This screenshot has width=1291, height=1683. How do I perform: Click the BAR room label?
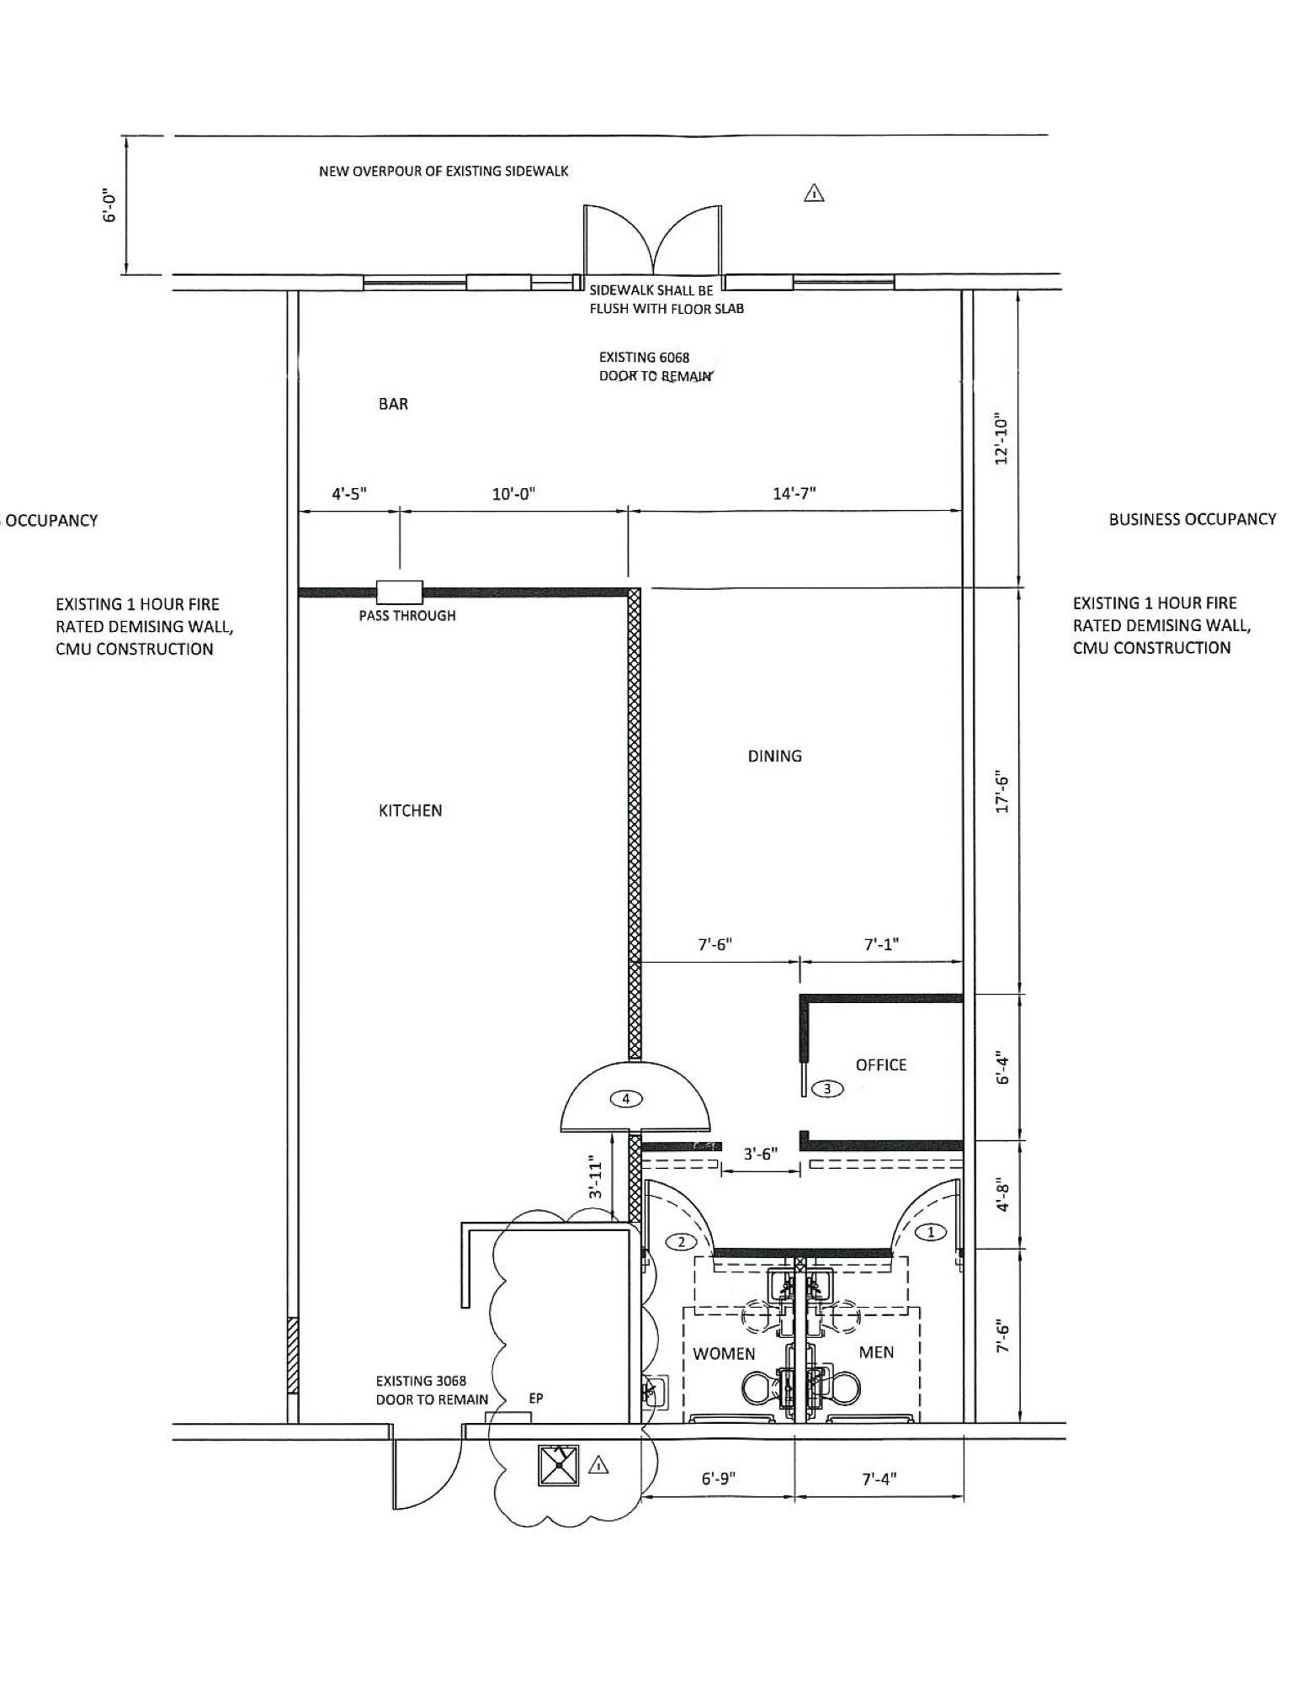tap(393, 404)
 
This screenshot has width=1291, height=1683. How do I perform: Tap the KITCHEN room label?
tap(411, 810)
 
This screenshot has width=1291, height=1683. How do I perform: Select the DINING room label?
tap(775, 756)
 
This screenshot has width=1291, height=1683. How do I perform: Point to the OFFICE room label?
tap(881, 1064)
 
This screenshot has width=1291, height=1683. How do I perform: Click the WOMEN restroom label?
tap(724, 1354)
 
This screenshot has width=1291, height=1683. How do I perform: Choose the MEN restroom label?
tap(876, 1352)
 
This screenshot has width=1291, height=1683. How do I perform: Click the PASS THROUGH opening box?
tap(400, 592)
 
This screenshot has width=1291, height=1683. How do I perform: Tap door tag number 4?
tap(626, 1098)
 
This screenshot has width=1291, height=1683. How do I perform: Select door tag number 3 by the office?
tap(827, 1089)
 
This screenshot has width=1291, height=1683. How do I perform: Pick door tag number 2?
tap(682, 1241)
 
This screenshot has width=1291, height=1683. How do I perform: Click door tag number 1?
tap(931, 1232)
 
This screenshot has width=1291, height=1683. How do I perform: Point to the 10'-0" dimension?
tap(514, 494)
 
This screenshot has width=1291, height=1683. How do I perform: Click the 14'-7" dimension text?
tap(794, 493)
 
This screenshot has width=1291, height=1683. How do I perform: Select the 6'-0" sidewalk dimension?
tap(109, 204)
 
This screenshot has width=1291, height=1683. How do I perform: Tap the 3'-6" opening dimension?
tap(760, 1155)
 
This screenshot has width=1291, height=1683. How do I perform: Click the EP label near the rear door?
tap(536, 1398)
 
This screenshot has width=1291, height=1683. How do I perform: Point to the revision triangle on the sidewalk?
tap(814, 194)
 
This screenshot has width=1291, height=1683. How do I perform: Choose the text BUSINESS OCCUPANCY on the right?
tap(1193, 519)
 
